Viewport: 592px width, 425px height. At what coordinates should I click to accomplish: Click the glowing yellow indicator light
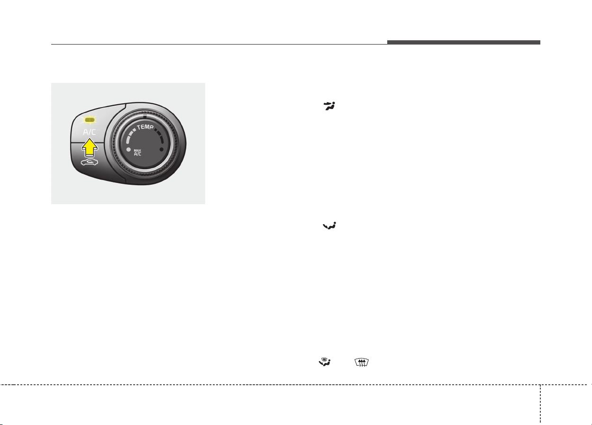click(x=90, y=120)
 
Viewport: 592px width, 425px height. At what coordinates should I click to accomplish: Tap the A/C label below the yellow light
click(x=90, y=132)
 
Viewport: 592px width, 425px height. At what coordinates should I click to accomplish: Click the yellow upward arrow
click(x=90, y=148)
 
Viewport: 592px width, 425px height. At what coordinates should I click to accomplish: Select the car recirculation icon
click(x=89, y=162)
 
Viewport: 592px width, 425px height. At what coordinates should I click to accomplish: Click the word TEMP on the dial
click(x=145, y=127)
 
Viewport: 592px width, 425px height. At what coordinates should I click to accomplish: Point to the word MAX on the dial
click(x=137, y=150)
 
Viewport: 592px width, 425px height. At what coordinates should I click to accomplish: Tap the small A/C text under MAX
click(x=137, y=154)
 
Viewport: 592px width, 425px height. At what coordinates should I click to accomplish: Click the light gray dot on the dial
click(x=129, y=150)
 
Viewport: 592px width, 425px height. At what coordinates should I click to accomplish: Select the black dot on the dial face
click(x=162, y=149)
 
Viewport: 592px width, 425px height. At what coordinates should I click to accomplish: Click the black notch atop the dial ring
click(x=145, y=116)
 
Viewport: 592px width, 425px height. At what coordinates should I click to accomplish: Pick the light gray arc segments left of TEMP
click(x=130, y=136)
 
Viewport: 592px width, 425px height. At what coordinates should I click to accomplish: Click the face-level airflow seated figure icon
click(x=329, y=106)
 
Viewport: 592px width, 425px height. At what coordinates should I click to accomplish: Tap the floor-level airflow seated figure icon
click(x=329, y=226)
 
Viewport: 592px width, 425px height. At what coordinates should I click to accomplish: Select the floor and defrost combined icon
click(x=325, y=362)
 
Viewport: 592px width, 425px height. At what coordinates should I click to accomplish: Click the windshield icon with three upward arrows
click(x=362, y=362)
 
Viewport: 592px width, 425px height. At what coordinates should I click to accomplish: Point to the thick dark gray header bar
click(x=464, y=42)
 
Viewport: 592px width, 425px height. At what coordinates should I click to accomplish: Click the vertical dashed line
click(x=540, y=404)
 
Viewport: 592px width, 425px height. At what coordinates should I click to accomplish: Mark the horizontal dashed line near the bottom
click(x=296, y=385)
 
